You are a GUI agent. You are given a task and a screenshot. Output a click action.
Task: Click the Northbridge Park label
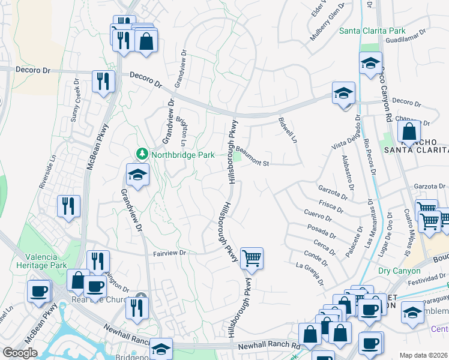182,155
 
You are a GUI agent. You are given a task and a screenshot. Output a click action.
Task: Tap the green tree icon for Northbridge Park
142,154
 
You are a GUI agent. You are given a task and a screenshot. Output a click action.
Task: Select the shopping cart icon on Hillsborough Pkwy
252,259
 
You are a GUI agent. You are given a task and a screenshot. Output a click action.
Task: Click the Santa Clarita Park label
372,31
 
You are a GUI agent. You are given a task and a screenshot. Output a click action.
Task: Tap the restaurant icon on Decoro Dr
103,81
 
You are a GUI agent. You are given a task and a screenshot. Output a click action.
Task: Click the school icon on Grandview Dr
137,175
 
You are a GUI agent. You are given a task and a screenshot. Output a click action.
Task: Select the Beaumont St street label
255,157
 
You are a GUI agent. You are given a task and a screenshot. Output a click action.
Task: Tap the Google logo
20,353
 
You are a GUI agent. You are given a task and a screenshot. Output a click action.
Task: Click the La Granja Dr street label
310,274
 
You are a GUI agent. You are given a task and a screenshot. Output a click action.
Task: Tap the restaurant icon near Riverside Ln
68,206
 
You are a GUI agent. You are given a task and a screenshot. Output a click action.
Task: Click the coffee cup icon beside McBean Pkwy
40,292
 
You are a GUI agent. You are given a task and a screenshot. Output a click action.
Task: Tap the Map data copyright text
423,355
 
